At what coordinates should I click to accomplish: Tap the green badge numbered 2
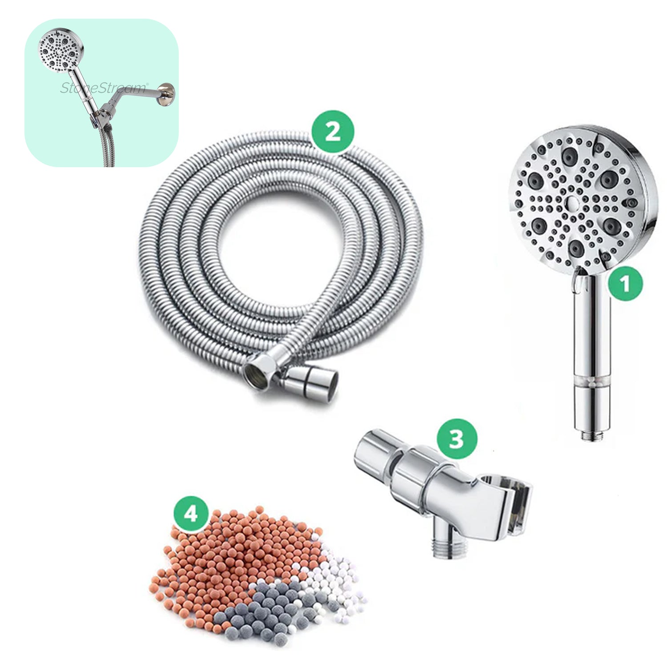click(333, 132)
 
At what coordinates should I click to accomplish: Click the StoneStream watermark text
click(103, 88)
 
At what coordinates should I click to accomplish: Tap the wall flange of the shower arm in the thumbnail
click(167, 94)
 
